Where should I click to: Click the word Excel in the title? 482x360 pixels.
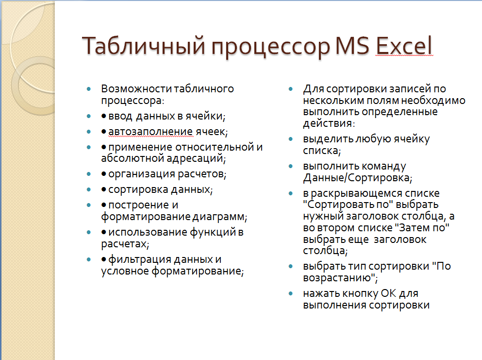[404, 46]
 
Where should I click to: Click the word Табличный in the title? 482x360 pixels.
[144, 46]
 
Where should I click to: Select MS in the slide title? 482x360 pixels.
[352, 46]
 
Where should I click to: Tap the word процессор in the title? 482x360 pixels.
[270, 48]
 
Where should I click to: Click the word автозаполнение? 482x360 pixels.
[150, 132]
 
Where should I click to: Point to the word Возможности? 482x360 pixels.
[136, 88]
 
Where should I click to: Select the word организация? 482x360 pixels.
[142, 174]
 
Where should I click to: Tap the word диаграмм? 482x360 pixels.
[219, 217]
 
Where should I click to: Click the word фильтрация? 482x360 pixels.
[140, 259]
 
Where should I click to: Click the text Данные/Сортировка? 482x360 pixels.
[357, 178]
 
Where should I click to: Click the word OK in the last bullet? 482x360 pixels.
[388, 293]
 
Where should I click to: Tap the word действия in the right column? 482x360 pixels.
[328, 123]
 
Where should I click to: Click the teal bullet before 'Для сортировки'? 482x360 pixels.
[291, 89]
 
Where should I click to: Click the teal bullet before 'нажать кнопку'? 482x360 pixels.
[291, 293]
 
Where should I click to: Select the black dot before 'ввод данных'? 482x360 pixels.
[104, 116]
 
